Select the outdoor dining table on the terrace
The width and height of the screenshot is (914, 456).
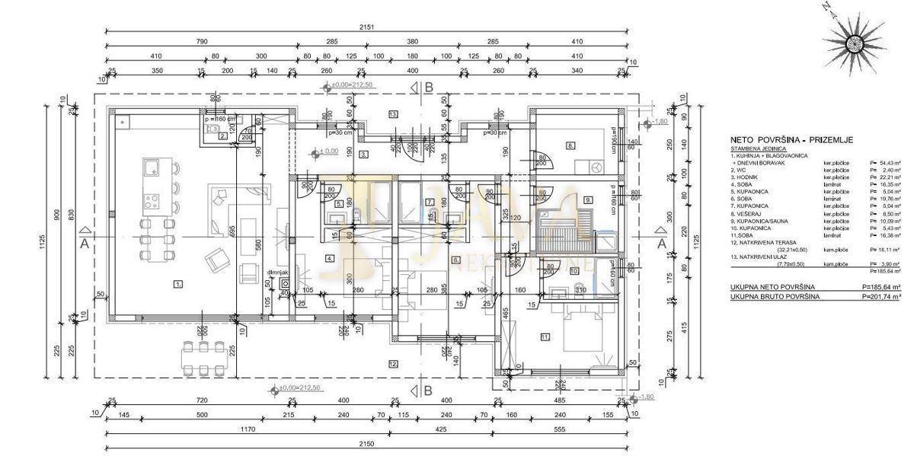(x=203, y=358)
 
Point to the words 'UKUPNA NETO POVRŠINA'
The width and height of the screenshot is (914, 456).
(x=772, y=286)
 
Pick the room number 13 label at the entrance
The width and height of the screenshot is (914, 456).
(x=393, y=113)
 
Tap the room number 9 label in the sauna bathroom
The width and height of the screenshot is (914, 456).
(x=587, y=199)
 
